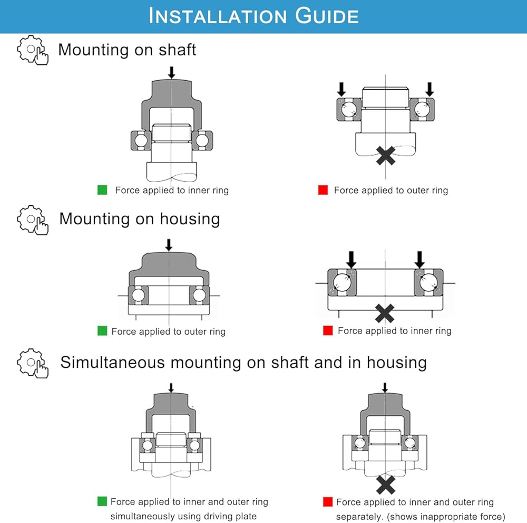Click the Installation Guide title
coord(253,16)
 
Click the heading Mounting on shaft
coord(127,50)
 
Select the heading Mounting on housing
coord(139,218)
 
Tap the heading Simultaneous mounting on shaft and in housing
coord(243,363)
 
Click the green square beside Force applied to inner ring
coord(102,190)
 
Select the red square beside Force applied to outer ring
coord(323,190)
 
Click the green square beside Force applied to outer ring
coord(102,331)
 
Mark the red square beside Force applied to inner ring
coord(328,331)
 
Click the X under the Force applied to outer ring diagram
coord(386,155)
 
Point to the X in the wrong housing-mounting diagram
coord(385,313)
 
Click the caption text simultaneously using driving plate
coord(183,516)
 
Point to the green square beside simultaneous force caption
coord(102,501)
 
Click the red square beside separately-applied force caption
coord(328,501)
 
